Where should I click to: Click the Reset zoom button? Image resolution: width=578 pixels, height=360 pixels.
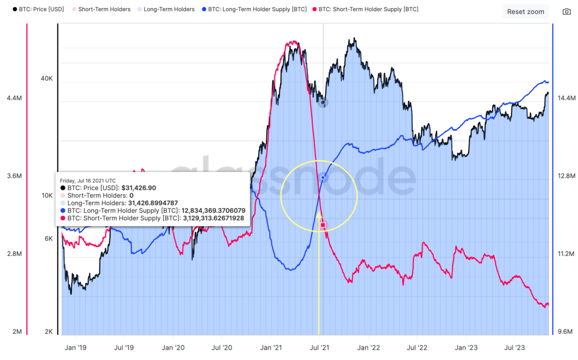pyautogui.click(x=526, y=12)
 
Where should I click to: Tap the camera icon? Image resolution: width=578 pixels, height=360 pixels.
pyautogui.click(x=566, y=12)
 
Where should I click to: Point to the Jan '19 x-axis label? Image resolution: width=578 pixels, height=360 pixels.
pyautogui.click(x=75, y=347)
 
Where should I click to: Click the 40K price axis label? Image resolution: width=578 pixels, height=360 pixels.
pyautogui.click(x=47, y=78)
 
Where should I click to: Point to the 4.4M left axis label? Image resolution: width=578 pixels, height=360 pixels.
pyautogui.click(x=14, y=98)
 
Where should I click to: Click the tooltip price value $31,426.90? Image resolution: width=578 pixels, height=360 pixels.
pyautogui.click(x=138, y=188)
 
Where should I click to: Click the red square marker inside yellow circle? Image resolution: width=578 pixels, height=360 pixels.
pyautogui.click(x=323, y=225)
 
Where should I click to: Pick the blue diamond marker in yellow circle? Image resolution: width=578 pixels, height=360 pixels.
pyautogui.click(x=323, y=178)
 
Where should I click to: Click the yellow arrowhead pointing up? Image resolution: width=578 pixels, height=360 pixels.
pyautogui.click(x=319, y=214)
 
